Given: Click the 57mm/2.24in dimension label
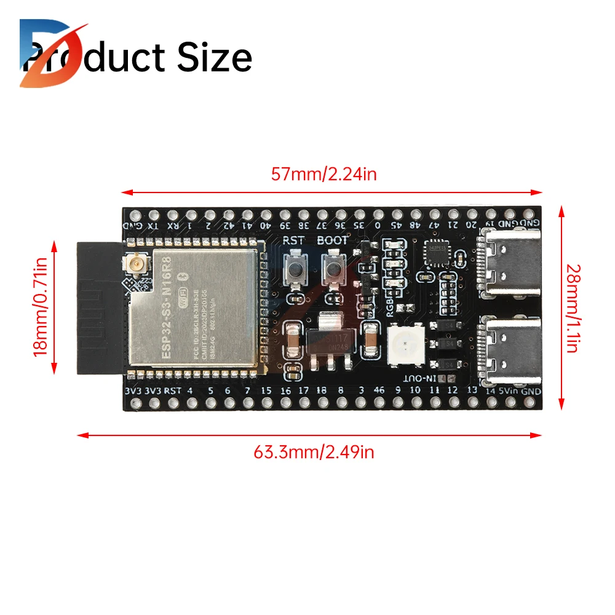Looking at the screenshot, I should coord(323,174).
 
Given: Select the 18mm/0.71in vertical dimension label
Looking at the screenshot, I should coord(41,307).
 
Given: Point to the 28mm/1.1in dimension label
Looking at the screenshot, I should coord(571,308).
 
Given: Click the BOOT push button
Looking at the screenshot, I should coord(332,269).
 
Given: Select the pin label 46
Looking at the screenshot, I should coord(379,390).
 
